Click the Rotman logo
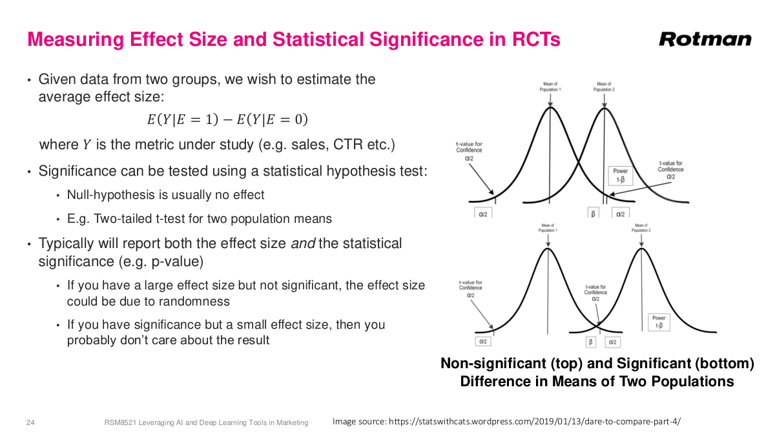tap(705, 39)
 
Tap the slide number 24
tap(30, 422)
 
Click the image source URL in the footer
tap(534, 422)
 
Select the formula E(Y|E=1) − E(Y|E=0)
tap(227, 119)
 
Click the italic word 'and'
tap(300, 244)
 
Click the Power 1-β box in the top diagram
tap(621, 175)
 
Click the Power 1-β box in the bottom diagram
tap(659, 322)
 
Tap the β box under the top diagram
tap(593, 213)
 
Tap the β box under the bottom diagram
tap(590, 342)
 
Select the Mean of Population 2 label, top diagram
tap(604, 87)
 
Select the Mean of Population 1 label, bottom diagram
tap(547, 227)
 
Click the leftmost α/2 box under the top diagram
tap(482, 213)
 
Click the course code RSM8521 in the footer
tap(121, 422)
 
